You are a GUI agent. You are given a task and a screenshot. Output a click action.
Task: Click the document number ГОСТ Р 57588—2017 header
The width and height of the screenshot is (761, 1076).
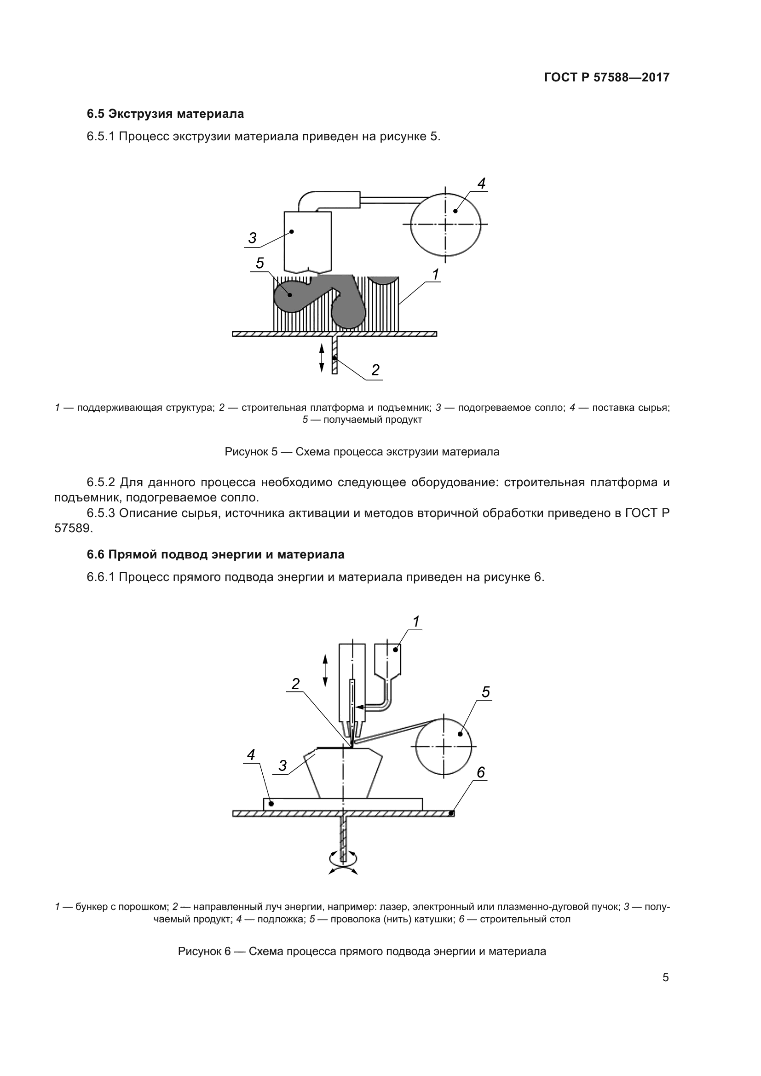click(x=606, y=77)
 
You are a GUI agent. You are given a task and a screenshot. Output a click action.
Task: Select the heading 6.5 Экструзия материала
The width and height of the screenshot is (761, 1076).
click(x=165, y=114)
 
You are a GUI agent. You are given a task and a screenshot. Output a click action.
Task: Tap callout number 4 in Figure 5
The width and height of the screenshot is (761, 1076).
click(x=481, y=184)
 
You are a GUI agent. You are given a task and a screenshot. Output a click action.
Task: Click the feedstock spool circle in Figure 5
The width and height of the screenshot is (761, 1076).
click(x=446, y=224)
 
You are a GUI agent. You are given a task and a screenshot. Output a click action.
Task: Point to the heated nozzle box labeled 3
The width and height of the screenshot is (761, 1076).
click(x=307, y=242)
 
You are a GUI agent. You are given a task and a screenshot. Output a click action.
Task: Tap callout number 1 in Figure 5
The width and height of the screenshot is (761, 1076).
click(x=435, y=275)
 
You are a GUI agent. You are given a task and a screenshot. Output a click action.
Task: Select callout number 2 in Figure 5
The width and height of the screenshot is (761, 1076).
click(x=375, y=370)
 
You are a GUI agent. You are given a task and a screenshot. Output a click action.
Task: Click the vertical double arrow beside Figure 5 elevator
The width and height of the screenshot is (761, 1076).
click(x=322, y=357)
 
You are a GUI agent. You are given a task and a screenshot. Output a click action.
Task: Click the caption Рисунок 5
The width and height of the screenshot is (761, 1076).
click(x=362, y=452)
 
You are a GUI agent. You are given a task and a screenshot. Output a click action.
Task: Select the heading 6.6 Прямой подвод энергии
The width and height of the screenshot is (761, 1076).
click(x=215, y=554)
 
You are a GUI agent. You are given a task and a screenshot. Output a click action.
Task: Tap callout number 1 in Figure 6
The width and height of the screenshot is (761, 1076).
click(x=415, y=621)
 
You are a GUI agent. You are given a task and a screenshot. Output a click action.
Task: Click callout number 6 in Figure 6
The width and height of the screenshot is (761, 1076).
click(x=481, y=772)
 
